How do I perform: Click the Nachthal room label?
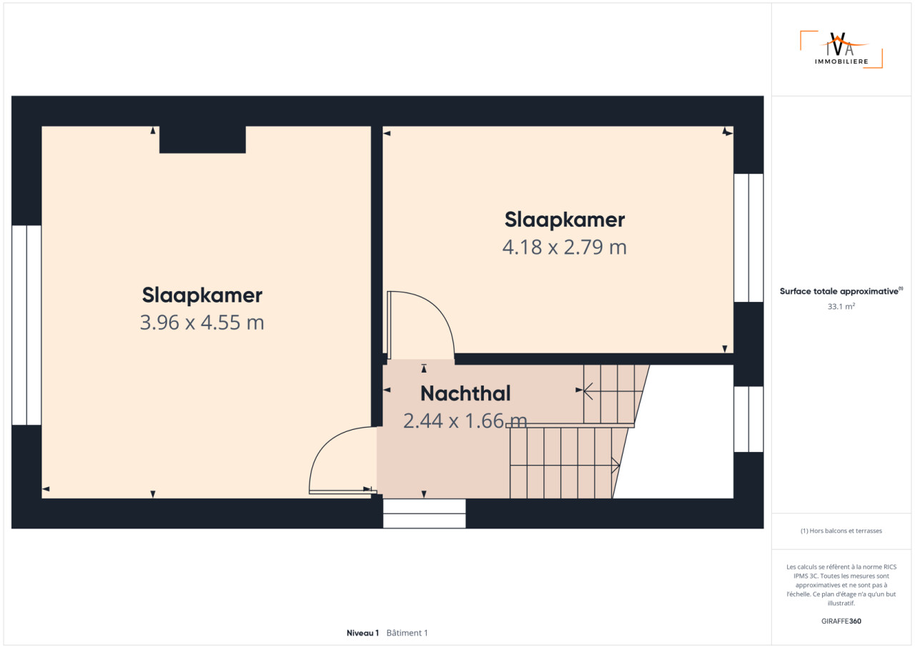(465, 393)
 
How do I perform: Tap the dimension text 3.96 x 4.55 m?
(202, 323)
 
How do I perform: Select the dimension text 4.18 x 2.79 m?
(565, 247)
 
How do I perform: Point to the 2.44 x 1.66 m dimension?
(465, 421)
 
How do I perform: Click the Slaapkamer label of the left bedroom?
(202, 295)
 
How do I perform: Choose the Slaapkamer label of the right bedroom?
(565, 220)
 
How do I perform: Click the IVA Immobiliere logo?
(841, 49)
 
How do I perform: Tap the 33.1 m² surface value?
(841, 306)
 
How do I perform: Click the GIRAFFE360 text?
(841, 621)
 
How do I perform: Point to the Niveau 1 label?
(362, 633)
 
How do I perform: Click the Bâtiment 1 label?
(407, 633)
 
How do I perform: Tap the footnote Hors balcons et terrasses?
(841, 531)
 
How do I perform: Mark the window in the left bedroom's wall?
(26, 325)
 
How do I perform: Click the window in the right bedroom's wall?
(748, 237)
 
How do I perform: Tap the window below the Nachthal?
(424, 514)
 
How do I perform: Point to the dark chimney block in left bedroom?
(202, 139)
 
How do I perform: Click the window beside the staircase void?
(748, 419)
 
